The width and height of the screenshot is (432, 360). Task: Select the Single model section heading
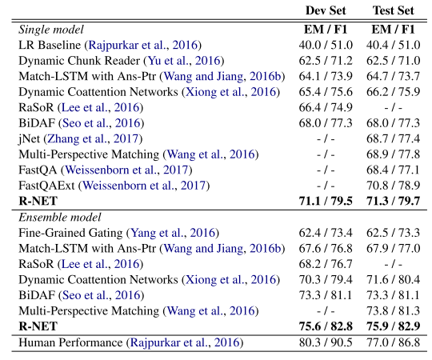[51, 30]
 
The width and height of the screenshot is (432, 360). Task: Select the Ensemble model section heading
[58, 217]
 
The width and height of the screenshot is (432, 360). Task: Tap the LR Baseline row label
[51, 45]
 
